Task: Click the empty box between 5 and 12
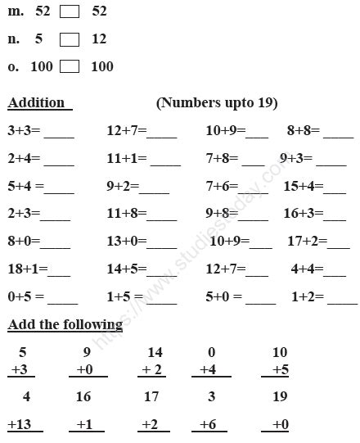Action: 70,39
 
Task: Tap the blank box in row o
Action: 70,67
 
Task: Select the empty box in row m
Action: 70,12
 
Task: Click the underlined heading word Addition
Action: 36,103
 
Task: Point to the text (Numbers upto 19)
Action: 216,103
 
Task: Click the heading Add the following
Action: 65,324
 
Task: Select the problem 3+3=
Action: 25,130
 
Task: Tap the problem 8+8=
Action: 304,130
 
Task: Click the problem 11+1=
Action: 126,158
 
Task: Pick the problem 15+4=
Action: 300,186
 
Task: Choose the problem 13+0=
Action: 126,242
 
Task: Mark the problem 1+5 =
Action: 124,297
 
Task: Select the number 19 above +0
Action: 280,397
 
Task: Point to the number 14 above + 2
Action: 155,352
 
